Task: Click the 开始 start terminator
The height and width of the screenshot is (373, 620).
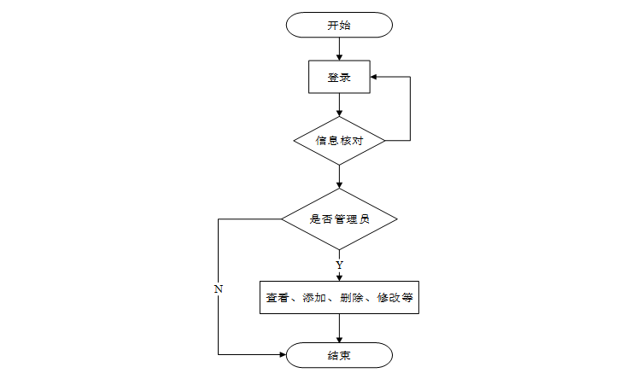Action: [339, 25]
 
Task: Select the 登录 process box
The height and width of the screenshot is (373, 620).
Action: [339, 77]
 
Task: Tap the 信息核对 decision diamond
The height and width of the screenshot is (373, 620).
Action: [339, 140]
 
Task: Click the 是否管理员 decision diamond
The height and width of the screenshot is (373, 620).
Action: [339, 219]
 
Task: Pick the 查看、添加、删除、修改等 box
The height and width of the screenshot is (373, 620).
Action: [339, 298]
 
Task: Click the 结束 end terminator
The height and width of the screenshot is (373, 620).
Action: [339, 355]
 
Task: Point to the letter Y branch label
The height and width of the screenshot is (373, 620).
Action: [339, 265]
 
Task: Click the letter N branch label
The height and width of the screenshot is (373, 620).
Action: [219, 288]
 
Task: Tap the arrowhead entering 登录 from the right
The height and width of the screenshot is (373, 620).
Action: [374, 77]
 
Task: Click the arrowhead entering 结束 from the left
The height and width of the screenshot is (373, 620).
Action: [283, 355]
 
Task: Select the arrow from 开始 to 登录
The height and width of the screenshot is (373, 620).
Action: [339, 49]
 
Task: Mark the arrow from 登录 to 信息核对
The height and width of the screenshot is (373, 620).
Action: [339, 105]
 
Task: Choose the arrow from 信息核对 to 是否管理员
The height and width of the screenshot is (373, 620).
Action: [339, 176]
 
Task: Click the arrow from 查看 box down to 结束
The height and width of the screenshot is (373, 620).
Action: [339, 329]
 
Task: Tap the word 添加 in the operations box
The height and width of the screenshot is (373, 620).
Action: [314, 298]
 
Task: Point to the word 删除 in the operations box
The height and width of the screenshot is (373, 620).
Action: [352, 298]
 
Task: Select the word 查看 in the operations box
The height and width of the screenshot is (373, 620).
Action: [278, 298]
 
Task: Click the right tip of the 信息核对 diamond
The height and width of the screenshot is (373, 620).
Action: [385, 140]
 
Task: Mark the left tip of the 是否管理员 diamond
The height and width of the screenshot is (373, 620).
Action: [282, 219]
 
